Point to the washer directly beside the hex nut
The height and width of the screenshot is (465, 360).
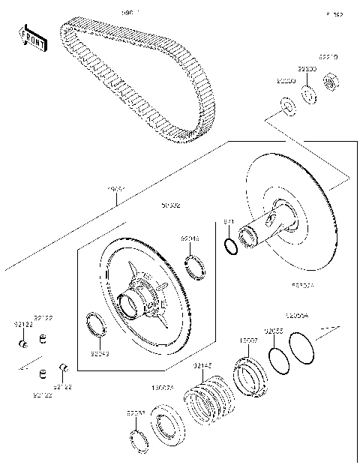(307, 94)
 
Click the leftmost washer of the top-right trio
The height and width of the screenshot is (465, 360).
(286, 103)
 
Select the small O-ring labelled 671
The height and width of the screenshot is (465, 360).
(231, 244)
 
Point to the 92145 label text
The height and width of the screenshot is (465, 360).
(202, 365)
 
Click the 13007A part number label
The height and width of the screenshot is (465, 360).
(163, 388)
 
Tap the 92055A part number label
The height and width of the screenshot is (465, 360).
(296, 316)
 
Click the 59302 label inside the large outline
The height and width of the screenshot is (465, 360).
(170, 204)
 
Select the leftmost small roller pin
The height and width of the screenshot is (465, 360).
(24, 344)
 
